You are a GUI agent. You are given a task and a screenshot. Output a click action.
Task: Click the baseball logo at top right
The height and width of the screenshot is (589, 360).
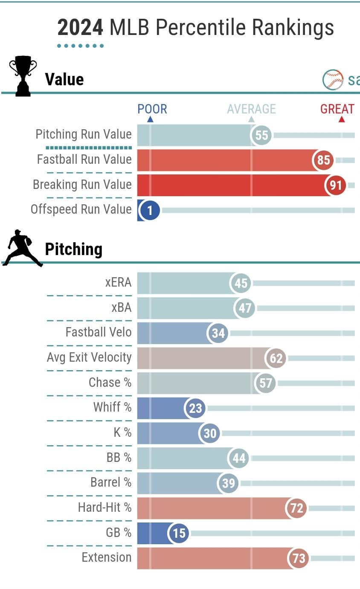point(333,79)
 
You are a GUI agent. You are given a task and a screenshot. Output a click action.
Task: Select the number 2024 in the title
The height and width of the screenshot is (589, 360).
point(80,28)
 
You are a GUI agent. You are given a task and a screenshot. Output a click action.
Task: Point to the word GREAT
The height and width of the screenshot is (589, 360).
point(337,109)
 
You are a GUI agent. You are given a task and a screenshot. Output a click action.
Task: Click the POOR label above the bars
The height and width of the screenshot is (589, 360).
point(152,109)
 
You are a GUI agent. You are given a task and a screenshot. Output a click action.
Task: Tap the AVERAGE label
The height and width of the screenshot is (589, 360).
point(251,109)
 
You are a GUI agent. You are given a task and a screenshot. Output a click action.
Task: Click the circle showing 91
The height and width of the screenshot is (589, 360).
point(336,186)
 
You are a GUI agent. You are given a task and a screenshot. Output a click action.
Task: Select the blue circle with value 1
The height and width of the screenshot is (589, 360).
point(149,210)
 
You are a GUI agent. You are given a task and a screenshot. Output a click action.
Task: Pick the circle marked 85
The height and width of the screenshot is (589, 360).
point(324,160)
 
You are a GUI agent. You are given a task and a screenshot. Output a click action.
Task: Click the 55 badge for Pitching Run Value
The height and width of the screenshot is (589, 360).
point(261,135)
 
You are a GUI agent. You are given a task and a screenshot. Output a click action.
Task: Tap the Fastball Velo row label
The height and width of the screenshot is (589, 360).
point(99,332)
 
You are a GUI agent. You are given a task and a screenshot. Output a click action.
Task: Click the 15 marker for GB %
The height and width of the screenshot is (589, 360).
point(179,533)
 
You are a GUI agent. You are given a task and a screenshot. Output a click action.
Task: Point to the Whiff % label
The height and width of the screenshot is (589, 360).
point(113,407)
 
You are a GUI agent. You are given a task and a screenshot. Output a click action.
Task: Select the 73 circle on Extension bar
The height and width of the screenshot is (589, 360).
point(299,558)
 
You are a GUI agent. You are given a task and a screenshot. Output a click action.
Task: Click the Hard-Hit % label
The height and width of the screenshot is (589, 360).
point(105,508)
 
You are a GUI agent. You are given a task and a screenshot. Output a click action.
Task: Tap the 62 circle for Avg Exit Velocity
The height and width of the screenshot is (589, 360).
point(276,358)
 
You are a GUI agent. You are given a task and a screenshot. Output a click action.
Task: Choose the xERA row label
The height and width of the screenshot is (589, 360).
point(118,282)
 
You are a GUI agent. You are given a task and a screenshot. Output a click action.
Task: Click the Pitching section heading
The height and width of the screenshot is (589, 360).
point(73,249)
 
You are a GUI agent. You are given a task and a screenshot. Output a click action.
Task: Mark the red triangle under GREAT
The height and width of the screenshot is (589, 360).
point(341,120)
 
